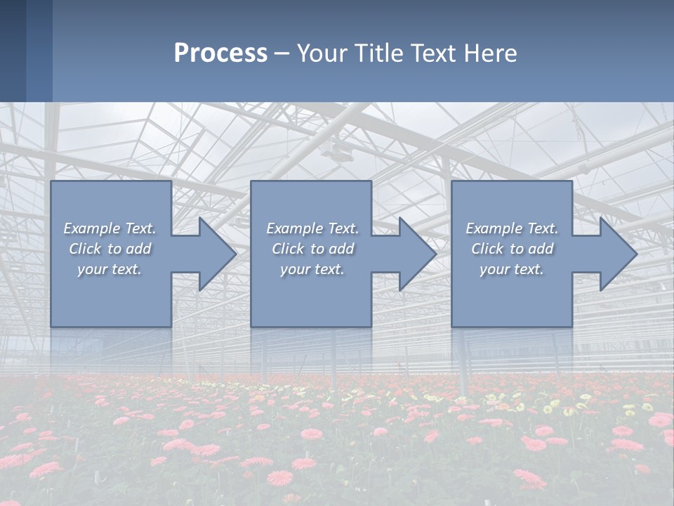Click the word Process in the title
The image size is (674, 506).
[220, 53]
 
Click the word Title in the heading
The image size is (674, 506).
[378, 53]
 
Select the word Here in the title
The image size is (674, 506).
[490, 53]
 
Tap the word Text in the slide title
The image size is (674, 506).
[434, 53]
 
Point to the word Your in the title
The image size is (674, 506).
[322, 53]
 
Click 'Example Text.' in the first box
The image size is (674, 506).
[110, 228]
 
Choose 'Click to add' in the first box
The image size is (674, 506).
[110, 249]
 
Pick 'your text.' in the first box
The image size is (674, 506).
[110, 269]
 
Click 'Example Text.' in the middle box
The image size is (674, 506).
[312, 228]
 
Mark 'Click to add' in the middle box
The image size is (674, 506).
[312, 249]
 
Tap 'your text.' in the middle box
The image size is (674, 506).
[312, 269]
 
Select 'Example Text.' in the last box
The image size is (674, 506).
[512, 228]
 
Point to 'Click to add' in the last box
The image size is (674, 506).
[512, 249]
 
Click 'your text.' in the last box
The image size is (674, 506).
[512, 269]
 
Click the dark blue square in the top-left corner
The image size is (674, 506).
[13, 51]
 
